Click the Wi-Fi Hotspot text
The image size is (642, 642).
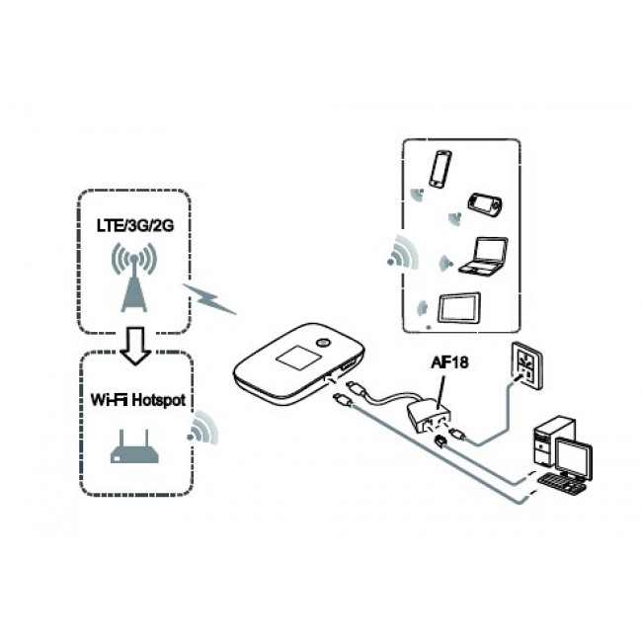pos(134,402)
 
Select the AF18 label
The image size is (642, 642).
pos(447,363)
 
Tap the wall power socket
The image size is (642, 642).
pos(523,367)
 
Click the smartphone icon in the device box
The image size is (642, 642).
pos(440,170)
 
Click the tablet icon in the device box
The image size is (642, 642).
pos(459,309)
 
